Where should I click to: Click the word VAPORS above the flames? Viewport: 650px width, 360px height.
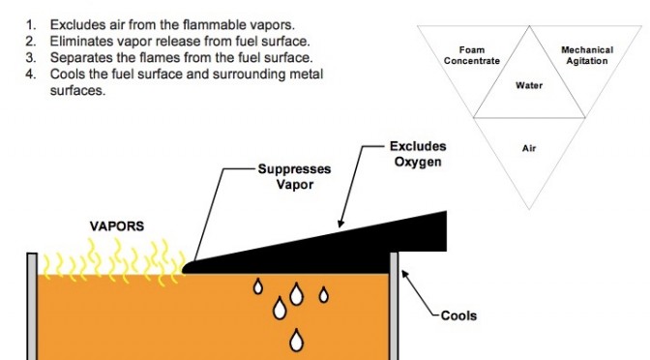pos(117,226)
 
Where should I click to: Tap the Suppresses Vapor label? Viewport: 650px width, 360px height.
pos(294,176)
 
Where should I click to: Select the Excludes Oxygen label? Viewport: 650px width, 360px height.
pos(418,154)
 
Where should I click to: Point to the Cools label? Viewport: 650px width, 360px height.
pos(458,315)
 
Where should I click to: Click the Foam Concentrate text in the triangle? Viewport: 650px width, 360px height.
pos(472,55)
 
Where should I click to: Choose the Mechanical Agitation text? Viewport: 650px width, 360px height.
pos(587,55)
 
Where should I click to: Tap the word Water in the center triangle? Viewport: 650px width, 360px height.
pos(529,85)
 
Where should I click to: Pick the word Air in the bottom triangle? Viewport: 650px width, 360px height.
pos(529,148)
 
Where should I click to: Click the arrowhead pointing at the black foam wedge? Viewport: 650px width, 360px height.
pos(340,224)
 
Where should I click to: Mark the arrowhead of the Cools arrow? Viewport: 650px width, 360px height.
pos(404,274)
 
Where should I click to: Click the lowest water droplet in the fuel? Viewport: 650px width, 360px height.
pos(296,341)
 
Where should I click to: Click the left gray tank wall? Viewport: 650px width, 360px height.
pos(32,306)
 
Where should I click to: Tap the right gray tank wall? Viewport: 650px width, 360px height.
pos(394,306)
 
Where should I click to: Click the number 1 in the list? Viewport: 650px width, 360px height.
pos(30,25)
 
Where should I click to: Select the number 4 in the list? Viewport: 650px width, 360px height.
pos(30,74)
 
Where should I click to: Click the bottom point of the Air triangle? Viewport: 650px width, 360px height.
pos(529,209)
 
